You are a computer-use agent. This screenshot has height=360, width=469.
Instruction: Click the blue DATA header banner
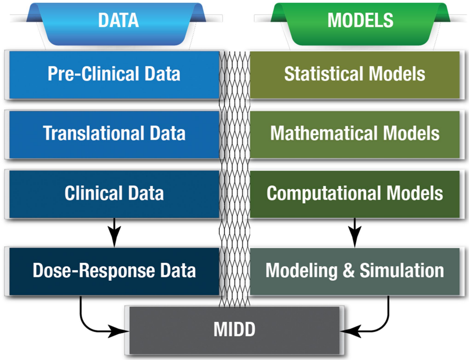click(118, 22)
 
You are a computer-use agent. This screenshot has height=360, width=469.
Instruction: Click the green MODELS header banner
click(360, 22)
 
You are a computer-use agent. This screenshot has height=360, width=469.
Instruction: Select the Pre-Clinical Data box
click(114, 75)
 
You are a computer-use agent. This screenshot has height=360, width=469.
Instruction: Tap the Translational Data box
click(114, 134)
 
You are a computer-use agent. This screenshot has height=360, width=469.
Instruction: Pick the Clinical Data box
click(114, 194)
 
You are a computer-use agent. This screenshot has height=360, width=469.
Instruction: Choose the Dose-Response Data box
click(114, 271)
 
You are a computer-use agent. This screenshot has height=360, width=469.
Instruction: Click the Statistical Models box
click(355, 75)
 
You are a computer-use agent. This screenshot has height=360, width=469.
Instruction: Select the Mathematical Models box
click(355, 134)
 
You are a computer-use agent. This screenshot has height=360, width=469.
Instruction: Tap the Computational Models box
click(355, 194)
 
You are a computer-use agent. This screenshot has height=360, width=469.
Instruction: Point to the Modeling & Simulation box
click(355, 271)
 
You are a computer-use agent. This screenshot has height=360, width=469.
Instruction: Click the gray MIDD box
click(234, 329)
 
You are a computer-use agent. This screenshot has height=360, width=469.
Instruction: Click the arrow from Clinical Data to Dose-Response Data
click(114, 233)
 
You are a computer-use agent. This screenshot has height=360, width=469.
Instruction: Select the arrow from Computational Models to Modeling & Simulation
click(354, 233)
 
